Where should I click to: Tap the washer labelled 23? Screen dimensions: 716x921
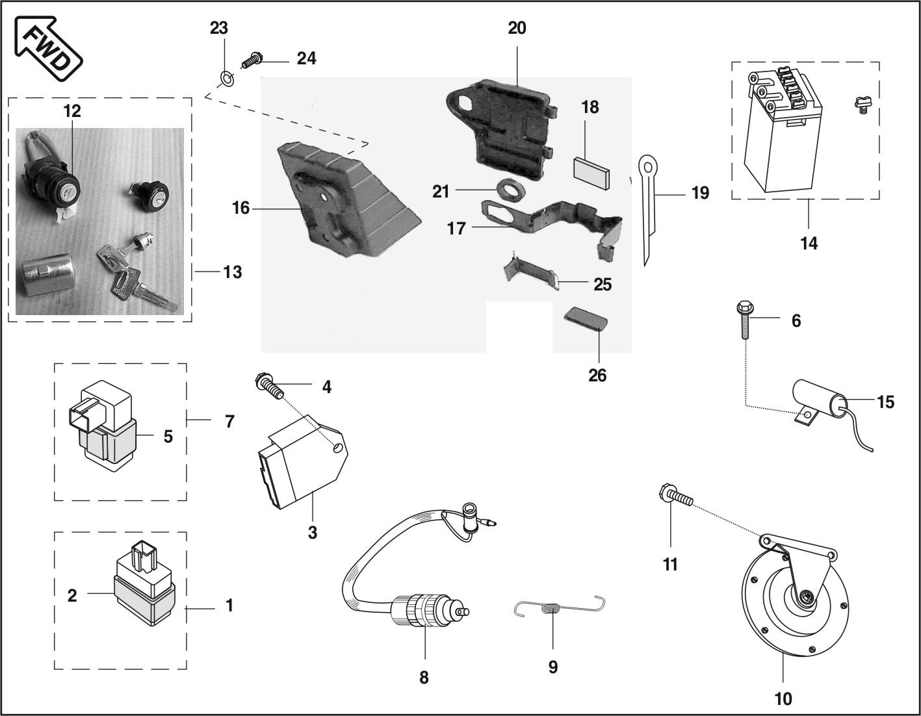tap(225, 79)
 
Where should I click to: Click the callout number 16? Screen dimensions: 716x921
tap(240, 209)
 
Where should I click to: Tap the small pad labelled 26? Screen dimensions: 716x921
tap(585, 319)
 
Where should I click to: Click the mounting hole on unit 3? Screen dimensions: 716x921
tap(337, 448)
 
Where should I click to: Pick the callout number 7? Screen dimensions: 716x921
tap(229, 421)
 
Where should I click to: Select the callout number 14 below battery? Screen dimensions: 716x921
tap(809, 244)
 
